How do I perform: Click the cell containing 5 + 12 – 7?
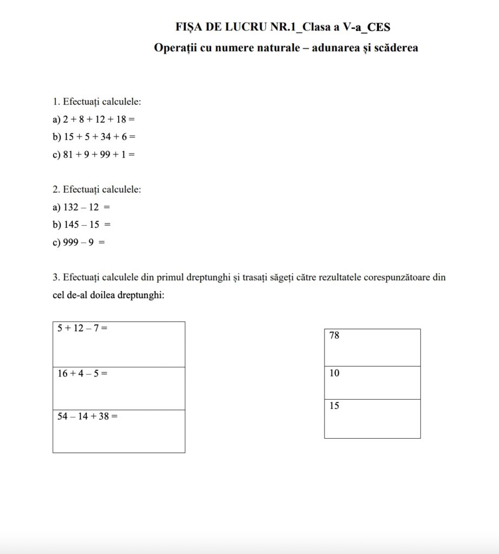pos(119,344)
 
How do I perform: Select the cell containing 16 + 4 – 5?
pos(119,388)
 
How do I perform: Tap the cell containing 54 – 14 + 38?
pos(119,431)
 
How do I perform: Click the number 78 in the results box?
pos(334,336)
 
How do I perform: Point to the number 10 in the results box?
pos(334,373)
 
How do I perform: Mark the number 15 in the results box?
pos(334,406)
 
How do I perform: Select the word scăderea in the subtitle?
pos(395,48)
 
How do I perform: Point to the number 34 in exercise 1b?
pos(105,136)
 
